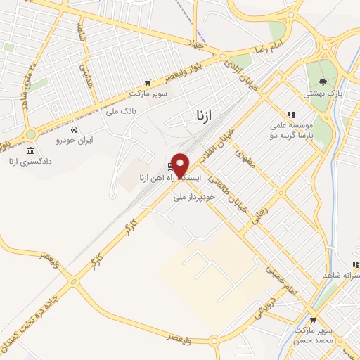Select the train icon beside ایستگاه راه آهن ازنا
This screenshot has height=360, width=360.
(171, 167)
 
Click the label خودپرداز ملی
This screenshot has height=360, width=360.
(198, 198)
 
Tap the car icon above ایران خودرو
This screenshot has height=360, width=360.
(74, 129)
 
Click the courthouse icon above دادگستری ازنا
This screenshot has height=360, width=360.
(30, 150)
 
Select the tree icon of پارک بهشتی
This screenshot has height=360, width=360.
(323, 82)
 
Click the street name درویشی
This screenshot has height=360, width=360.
(290, 304)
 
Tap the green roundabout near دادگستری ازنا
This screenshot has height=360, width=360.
(30, 134)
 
